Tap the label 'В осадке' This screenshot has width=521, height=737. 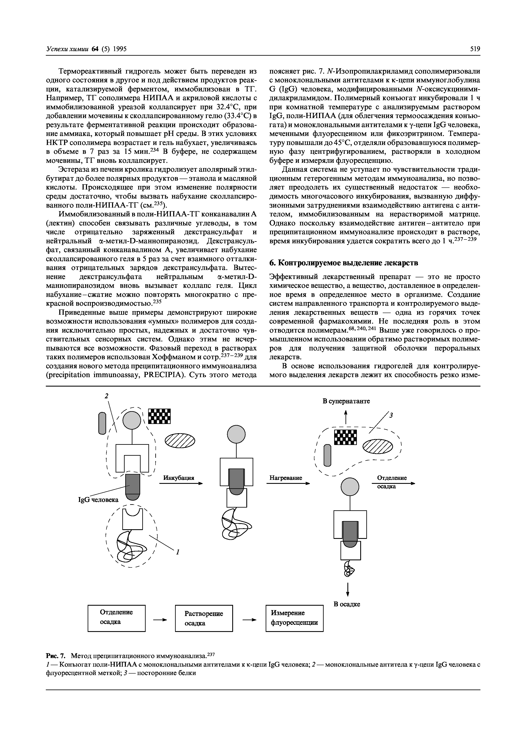pos(347,604)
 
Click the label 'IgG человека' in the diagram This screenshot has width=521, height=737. pos(98,499)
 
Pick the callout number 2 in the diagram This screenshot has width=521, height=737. pos(107,396)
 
